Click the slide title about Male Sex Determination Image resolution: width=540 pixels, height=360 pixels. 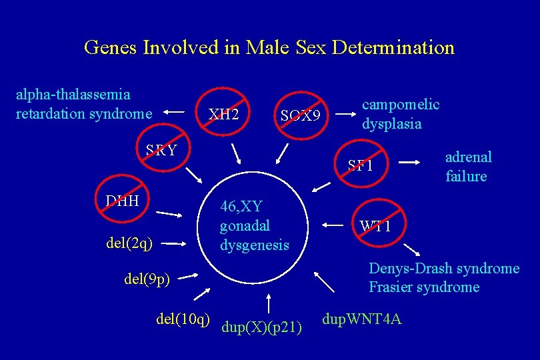tap(269, 48)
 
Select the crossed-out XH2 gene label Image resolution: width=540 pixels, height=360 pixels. tap(223, 114)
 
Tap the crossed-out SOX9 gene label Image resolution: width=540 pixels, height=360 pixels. tap(300, 117)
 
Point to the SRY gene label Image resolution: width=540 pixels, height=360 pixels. tap(161, 149)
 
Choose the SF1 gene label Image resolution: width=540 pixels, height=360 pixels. tap(361, 166)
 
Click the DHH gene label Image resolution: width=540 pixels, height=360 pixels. tap(122, 201)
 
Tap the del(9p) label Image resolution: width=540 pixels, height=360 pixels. tap(147, 278)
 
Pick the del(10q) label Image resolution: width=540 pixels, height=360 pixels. tap(183, 319)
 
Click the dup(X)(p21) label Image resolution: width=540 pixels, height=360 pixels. tap(263, 327)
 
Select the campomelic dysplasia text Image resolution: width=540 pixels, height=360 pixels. tap(400, 114)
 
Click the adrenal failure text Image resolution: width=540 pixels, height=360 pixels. tap(468, 167)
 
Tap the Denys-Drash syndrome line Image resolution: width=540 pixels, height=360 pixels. tap(443, 269)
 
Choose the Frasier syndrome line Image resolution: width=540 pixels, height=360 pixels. tap(424, 287)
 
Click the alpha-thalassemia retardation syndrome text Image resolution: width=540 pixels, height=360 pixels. tap(83, 105)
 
